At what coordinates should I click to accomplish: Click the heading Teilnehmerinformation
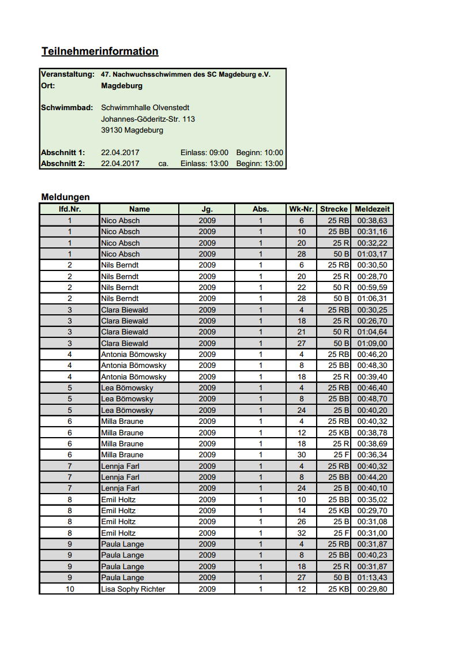[x=100, y=51]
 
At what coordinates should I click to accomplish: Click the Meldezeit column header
[x=372, y=209]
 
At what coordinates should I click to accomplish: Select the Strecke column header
[x=334, y=209]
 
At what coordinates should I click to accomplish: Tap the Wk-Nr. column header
[x=301, y=209]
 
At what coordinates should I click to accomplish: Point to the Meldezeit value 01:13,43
[x=372, y=578]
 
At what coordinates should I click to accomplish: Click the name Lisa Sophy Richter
[x=133, y=589]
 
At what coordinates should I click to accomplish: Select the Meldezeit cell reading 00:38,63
[x=372, y=220]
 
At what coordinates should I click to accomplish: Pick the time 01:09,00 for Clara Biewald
[x=372, y=343]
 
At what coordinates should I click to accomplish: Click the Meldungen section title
[x=65, y=197]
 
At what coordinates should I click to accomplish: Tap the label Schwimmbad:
[x=67, y=108]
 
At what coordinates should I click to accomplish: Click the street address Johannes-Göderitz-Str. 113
[x=148, y=119]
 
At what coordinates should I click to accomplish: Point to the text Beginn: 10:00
[x=260, y=153]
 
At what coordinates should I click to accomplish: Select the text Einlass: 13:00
[x=204, y=164]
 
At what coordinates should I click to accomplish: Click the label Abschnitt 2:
[x=63, y=164]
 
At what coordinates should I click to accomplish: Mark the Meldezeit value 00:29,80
[x=372, y=589]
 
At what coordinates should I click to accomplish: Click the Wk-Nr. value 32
[x=301, y=533]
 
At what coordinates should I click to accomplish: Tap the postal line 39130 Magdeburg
[x=132, y=130]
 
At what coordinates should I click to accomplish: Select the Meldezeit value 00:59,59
[x=372, y=287]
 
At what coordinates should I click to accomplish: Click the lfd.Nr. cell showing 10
[x=70, y=589]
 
